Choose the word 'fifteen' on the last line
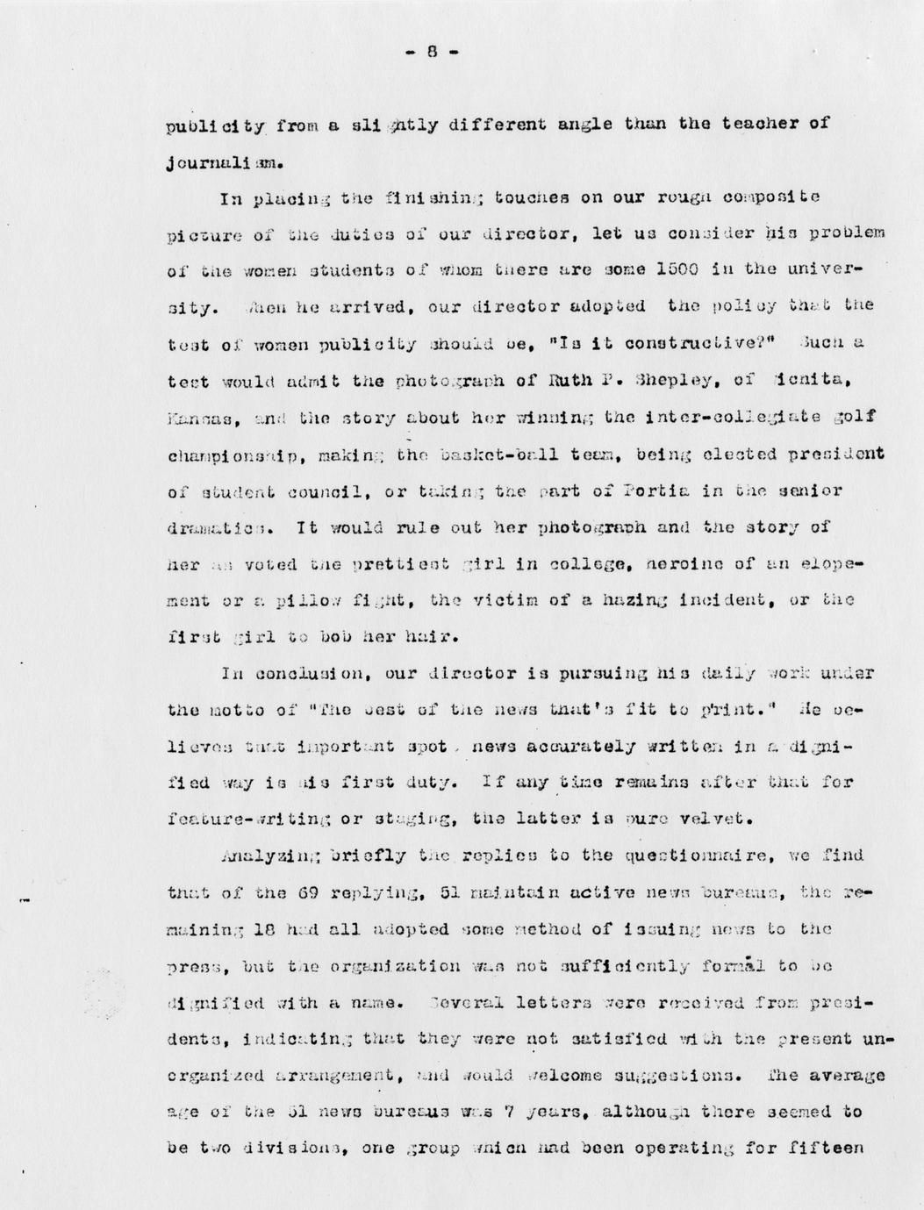coord(831,1149)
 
